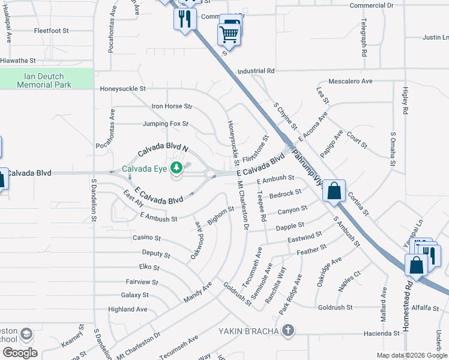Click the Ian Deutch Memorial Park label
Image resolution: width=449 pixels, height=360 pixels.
[44, 80]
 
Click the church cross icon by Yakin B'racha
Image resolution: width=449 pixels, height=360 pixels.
[289, 330]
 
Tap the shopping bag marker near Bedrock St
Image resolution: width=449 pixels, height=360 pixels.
[335, 191]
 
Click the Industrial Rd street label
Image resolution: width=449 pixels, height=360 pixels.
[256, 71]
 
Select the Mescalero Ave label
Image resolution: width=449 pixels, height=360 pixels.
[351, 81]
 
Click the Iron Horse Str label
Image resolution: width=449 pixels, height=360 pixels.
[172, 106]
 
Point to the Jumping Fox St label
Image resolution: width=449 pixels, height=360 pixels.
[166, 124]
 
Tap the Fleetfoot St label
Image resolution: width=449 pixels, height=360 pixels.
[52, 30]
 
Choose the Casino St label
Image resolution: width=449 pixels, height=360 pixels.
[146, 238]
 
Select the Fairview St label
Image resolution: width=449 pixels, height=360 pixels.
[142, 281]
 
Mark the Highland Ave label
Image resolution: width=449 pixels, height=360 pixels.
[128, 310]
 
